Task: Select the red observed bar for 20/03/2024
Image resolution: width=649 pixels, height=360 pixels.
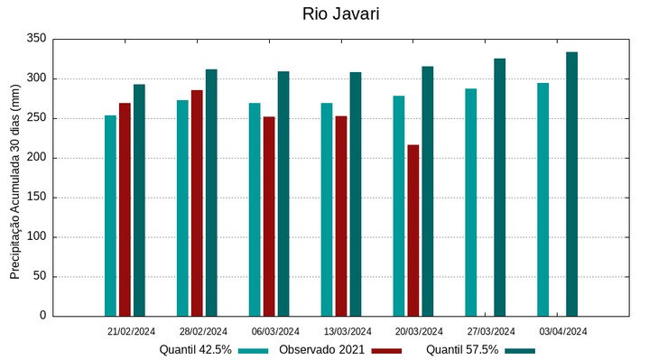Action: coord(413,230)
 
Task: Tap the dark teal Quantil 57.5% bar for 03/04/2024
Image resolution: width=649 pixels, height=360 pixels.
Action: coord(571,184)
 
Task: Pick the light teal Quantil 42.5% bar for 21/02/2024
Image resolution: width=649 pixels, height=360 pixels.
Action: coord(110,216)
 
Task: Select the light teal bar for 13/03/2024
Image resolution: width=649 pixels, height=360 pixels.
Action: coord(327,209)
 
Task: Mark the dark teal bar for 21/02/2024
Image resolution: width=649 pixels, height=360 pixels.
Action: coord(139,199)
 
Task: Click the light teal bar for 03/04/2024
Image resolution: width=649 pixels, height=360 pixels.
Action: coord(542,199)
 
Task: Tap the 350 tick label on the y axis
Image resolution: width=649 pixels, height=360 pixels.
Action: coord(37,39)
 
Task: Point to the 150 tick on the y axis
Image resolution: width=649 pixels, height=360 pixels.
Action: coord(37,198)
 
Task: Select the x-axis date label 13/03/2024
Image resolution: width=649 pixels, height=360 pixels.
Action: coord(348,331)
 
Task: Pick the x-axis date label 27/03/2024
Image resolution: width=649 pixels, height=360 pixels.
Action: coord(491,331)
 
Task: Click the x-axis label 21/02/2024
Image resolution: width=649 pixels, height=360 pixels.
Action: coord(131,331)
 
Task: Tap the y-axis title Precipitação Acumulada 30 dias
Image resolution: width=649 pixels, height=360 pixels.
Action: coord(14,180)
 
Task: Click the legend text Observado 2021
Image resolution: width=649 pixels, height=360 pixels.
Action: coord(322,350)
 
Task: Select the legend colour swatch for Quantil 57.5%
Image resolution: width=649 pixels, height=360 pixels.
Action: coord(520,350)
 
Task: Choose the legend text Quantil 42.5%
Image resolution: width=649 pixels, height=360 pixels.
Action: coord(195,350)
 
